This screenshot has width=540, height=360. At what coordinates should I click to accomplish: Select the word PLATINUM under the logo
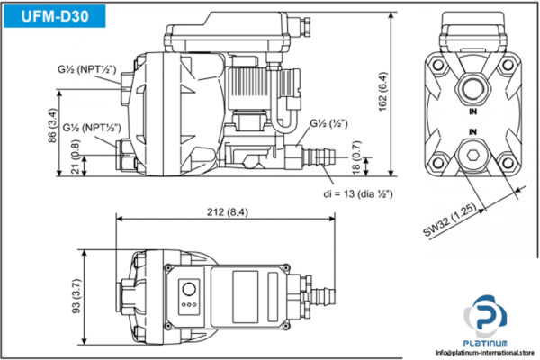[486, 343]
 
